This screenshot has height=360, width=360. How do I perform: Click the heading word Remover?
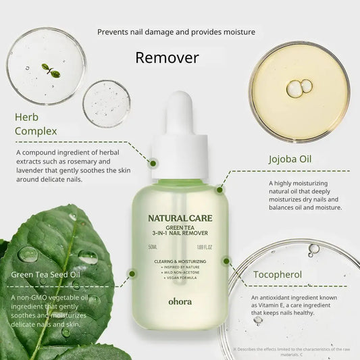167,57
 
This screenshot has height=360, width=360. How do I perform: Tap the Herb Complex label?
36,124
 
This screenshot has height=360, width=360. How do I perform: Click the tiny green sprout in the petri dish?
48,69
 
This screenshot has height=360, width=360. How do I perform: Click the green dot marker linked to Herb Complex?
153,163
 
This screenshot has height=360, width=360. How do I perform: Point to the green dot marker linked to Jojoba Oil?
220,190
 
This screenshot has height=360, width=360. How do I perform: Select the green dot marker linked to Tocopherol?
226,259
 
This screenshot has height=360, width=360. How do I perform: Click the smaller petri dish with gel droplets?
106,103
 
